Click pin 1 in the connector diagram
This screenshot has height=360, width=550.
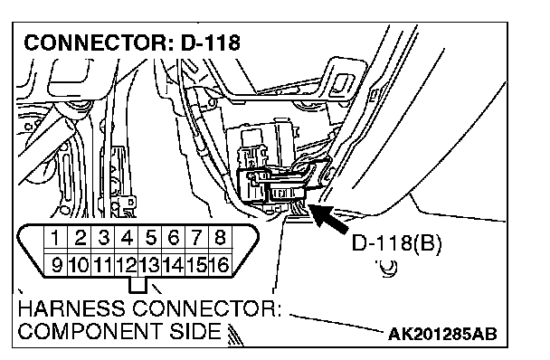pos(56,238)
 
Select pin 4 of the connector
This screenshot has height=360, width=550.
pos(127,238)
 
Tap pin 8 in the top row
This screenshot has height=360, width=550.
pos(220,238)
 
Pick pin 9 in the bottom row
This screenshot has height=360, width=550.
pos(56,264)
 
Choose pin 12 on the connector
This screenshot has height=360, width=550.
pos(127,264)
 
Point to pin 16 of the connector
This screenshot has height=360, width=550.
pos(220,264)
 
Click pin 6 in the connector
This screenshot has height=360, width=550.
pos(174,238)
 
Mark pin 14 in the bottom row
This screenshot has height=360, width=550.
pos(174,264)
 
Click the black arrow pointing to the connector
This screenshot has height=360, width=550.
pos(328,218)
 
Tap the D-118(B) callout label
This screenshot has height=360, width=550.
pos(396,242)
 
